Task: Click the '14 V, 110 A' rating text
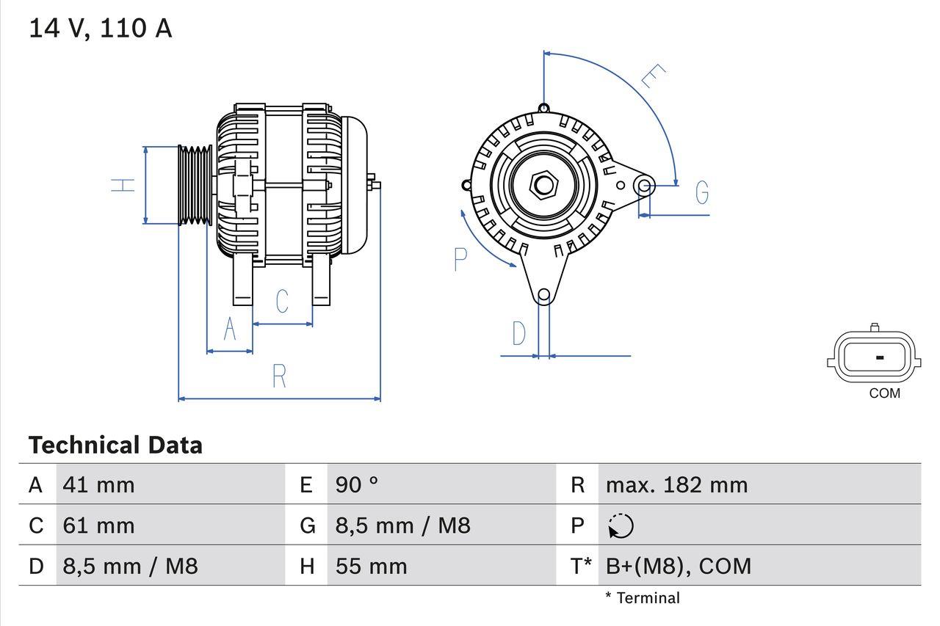(x=100, y=29)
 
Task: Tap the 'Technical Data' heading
(x=115, y=445)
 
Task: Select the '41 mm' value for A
(x=98, y=484)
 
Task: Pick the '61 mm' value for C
(x=98, y=525)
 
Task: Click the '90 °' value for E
(x=357, y=484)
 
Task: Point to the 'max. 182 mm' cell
(x=676, y=484)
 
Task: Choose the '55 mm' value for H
(x=371, y=566)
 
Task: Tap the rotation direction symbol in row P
(x=621, y=525)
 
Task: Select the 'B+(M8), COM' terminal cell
(x=678, y=566)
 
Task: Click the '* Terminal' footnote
(x=643, y=598)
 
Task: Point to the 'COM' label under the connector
(x=884, y=393)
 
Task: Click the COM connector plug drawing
(x=873, y=357)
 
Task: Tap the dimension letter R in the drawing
(x=279, y=376)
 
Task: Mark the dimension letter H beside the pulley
(x=123, y=185)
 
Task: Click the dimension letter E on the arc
(x=652, y=76)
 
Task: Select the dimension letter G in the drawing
(x=702, y=192)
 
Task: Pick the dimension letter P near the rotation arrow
(x=460, y=259)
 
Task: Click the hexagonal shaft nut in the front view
(x=543, y=184)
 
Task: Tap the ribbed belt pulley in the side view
(x=195, y=185)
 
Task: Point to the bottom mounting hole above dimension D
(x=543, y=296)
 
